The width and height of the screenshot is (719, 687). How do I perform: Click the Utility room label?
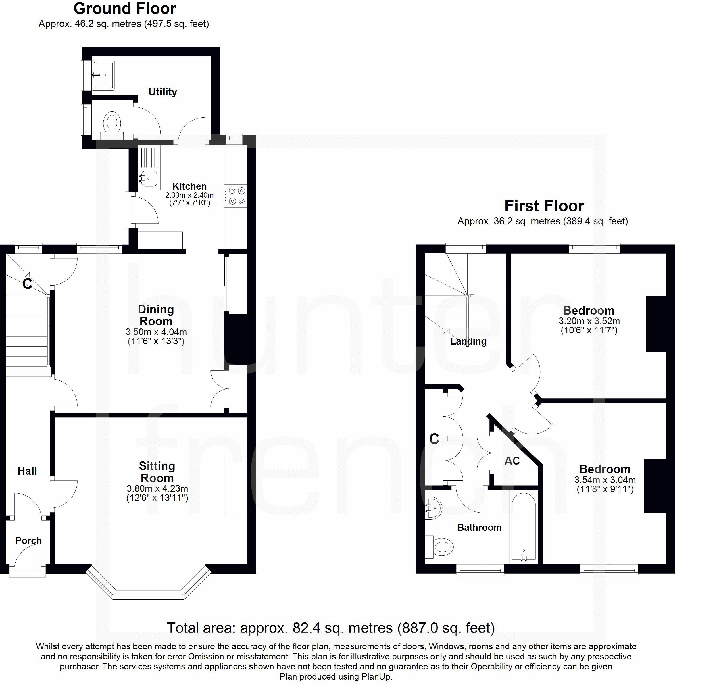pyautogui.click(x=163, y=92)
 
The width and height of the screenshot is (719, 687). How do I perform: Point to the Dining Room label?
pyautogui.click(x=156, y=315)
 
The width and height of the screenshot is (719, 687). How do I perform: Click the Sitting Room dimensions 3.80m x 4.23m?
pyautogui.click(x=157, y=488)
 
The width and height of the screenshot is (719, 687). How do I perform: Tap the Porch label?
pyautogui.click(x=28, y=540)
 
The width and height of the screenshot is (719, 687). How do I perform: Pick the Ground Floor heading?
pyautogui.click(x=124, y=8)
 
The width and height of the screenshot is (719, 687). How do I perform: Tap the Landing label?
pyautogui.click(x=468, y=341)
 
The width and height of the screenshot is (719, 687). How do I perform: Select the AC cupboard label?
pyautogui.click(x=512, y=461)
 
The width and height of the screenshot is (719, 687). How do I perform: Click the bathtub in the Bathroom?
pyautogui.click(x=523, y=527)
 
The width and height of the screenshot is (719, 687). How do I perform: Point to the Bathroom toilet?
pyautogui.click(x=441, y=547)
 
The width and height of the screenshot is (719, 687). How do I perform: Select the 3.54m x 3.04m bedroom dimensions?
pyautogui.click(x=605, y=480)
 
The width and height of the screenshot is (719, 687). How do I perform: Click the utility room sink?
pyautogui.click(x=103, y=75)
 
